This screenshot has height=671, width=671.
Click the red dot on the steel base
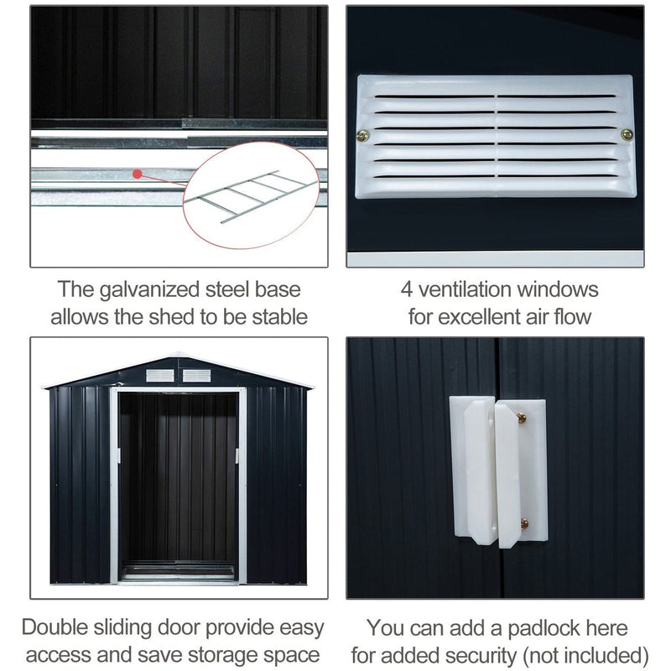pyautogui.click(x=137, y=174)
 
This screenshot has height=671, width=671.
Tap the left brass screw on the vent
pyautogui.click(x=363, y=136)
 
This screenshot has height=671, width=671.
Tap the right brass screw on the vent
pyautogui.click(x=627, y=135)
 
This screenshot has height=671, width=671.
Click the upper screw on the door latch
pyautogui.click(x=521, y=418)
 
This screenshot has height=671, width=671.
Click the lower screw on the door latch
pyautogui.click(x=523, y=523)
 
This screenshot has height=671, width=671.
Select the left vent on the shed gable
pyautogui.click(x=160, y=375)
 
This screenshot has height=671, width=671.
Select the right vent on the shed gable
pyautogui.click(x=196, y=375)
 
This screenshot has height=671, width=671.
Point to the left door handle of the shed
pyautogui.click(x=118, y=455)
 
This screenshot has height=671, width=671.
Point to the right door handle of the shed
pyautogui.click(x=237, y=455)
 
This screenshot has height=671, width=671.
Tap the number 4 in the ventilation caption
pyautogui.click(x=406, y=289)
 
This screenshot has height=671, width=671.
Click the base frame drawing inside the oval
pyautogui.click(x=251, y=196)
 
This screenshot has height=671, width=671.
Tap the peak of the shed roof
pyautogui.click(x=177, y=354)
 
